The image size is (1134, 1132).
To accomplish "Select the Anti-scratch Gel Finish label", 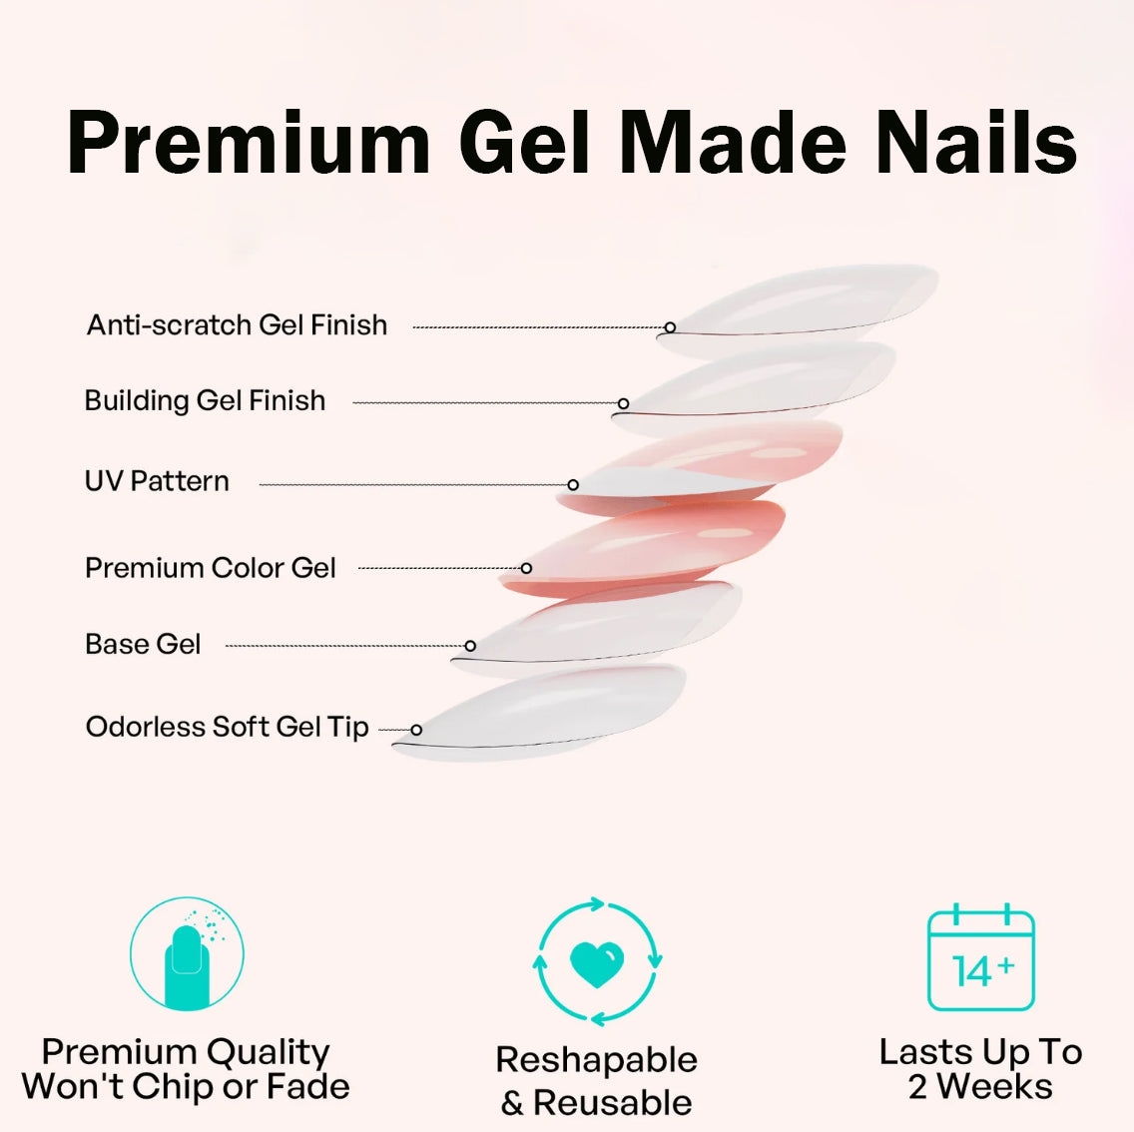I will [x=237, y=325].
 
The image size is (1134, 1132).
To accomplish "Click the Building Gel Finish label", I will [x=205, y=401].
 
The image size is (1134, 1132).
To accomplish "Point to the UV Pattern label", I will [x=157, y=481].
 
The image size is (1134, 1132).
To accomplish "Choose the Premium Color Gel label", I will [x=210, y=568].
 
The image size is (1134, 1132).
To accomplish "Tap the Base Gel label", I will [x=143, y=645].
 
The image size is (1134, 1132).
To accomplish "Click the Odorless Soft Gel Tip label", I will [x=227, y=727].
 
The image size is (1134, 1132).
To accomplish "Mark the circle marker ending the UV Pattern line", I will [x=573, y=485].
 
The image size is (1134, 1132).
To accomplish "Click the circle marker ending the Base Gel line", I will [x=470, y=646].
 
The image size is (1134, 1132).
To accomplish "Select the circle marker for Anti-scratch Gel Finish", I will [x=670, y=327].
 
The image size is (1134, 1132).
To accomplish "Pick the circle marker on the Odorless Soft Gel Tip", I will [x=416, y=730].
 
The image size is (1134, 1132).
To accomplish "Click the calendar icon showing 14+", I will [x=980, y=959].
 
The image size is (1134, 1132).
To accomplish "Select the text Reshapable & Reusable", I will [x=597, y=1080].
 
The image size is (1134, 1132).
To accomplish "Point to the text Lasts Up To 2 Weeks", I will [x=980, y=1068].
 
